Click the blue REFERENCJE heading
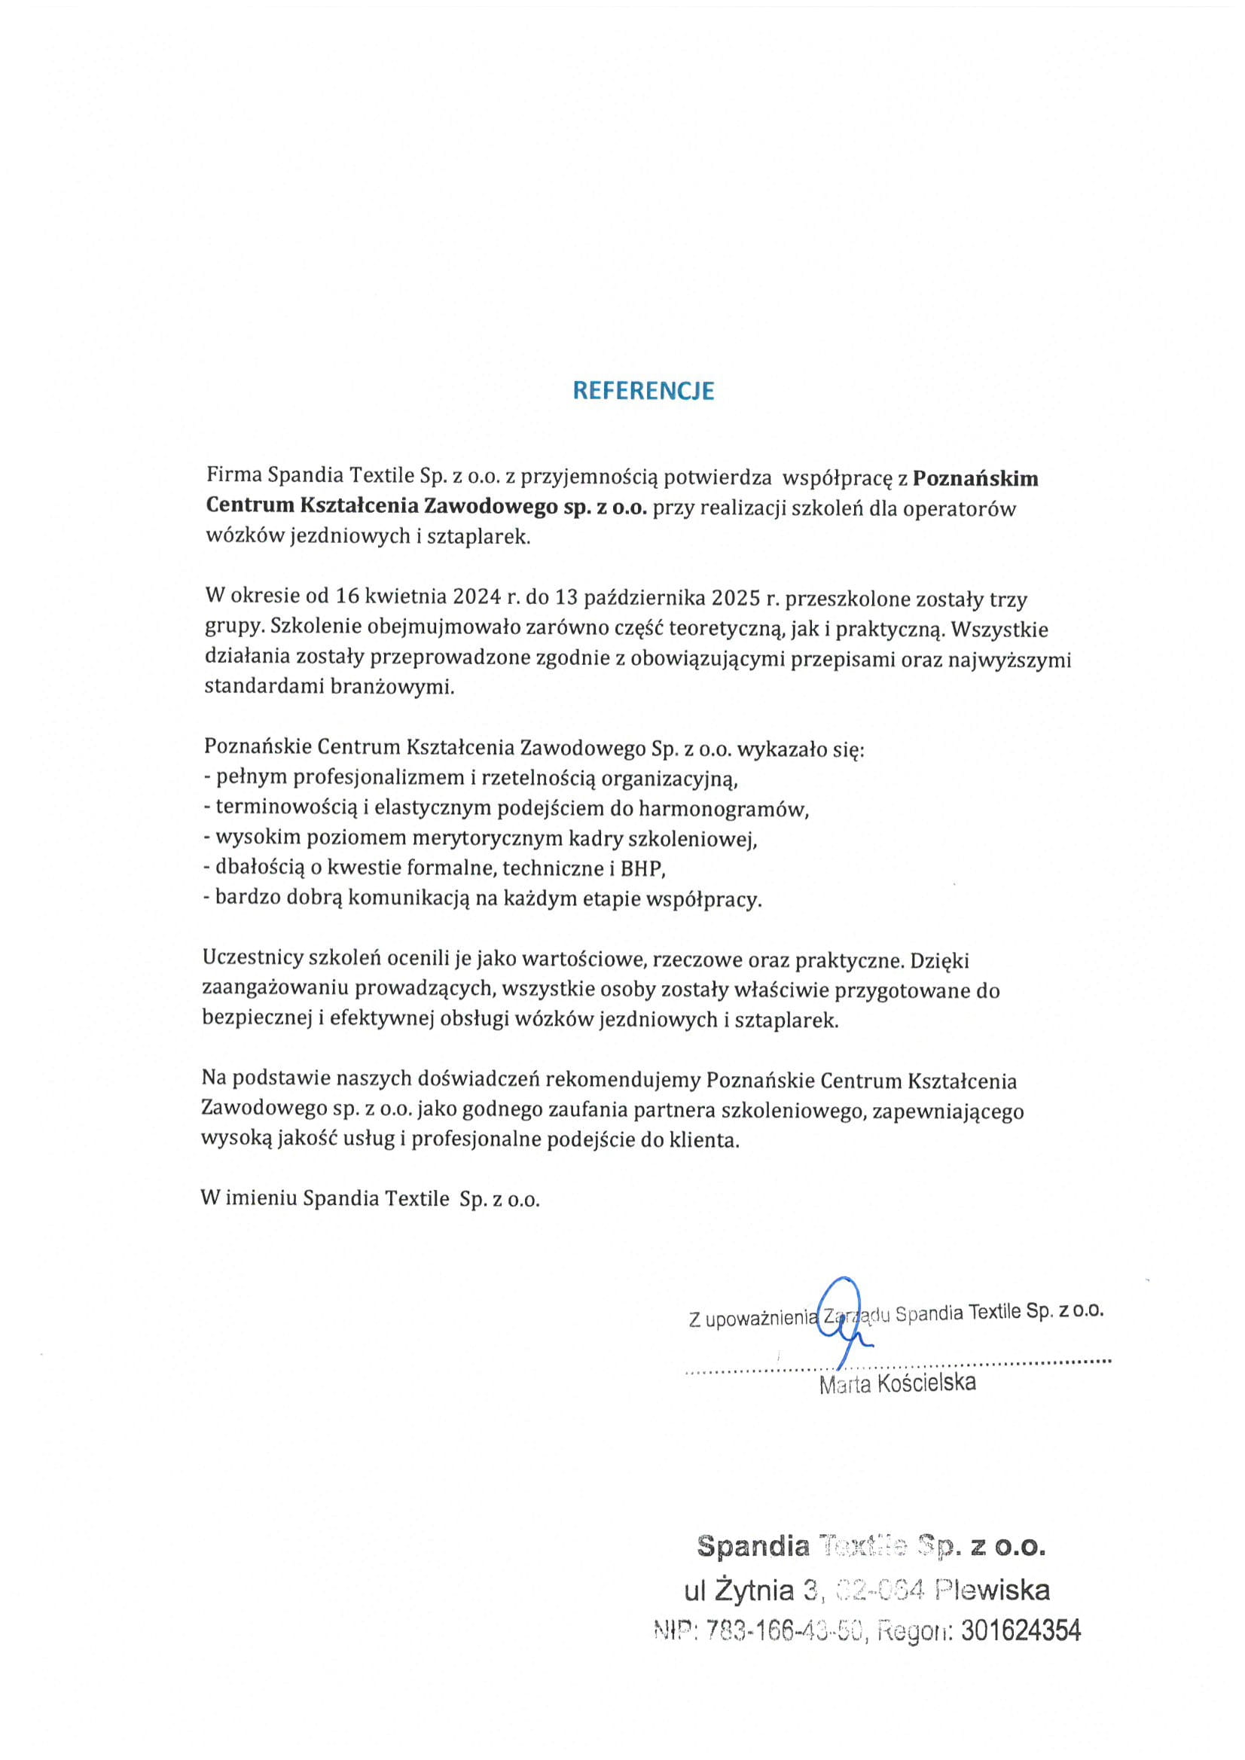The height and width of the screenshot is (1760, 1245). click(x=642, y=391)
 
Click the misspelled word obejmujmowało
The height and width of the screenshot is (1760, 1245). click(x=438, y=628)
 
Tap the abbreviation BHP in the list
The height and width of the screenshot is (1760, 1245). click(x=647, y=868)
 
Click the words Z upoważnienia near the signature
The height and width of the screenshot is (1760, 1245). click(x=754, y=1319)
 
